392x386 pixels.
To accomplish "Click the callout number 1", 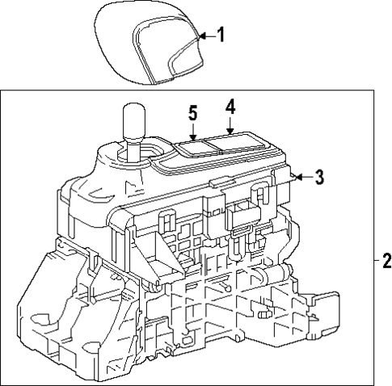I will tap(221, 36).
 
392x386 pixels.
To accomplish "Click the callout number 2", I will tap(386, 260).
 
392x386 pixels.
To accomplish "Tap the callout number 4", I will tap(230, 107).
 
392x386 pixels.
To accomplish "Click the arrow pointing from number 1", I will tap(204, 36).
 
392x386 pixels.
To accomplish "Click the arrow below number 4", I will tap(230, 126).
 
